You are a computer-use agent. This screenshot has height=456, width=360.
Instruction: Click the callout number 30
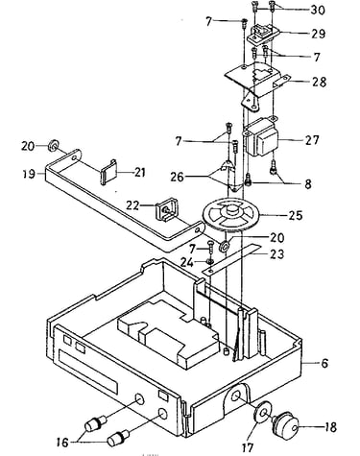click(318, 10)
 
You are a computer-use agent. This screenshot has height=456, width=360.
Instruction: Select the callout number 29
click(319, 34)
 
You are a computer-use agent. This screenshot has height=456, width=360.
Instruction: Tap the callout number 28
click(320, 82)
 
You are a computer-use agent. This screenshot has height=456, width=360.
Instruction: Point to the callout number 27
click(312, 140)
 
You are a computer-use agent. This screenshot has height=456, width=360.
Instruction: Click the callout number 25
click(295, 215)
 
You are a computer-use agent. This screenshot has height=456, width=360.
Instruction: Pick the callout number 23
click(277, 254)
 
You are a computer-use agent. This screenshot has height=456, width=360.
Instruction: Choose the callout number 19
click(29, 174)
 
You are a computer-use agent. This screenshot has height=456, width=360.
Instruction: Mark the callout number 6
click(324, 363)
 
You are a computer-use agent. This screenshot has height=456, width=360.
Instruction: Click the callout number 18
click(330, 427)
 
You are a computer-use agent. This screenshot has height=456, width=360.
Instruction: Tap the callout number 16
click(62, 442)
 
